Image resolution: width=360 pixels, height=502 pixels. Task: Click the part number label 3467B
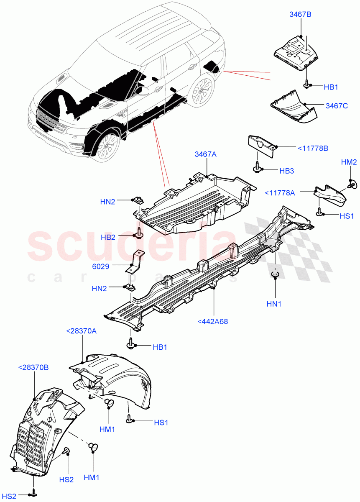point(300,15)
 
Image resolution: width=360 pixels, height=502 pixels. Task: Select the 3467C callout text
point(337,106)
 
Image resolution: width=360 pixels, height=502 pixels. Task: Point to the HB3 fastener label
point(287,171)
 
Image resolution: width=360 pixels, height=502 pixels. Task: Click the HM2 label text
point(349,162)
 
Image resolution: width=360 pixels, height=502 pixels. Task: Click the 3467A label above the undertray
point(205,154)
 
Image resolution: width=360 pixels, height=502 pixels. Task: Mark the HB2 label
point(108,237)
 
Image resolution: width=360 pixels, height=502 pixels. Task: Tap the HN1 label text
point(274,304)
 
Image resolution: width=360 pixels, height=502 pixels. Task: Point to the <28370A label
point(81,331)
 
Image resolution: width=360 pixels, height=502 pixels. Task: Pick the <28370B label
point(33,367)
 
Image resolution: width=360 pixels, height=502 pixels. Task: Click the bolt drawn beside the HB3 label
point(256,169)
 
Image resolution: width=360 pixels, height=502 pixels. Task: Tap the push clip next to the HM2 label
point(350,182)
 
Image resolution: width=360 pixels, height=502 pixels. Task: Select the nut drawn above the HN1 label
point(275,275)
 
